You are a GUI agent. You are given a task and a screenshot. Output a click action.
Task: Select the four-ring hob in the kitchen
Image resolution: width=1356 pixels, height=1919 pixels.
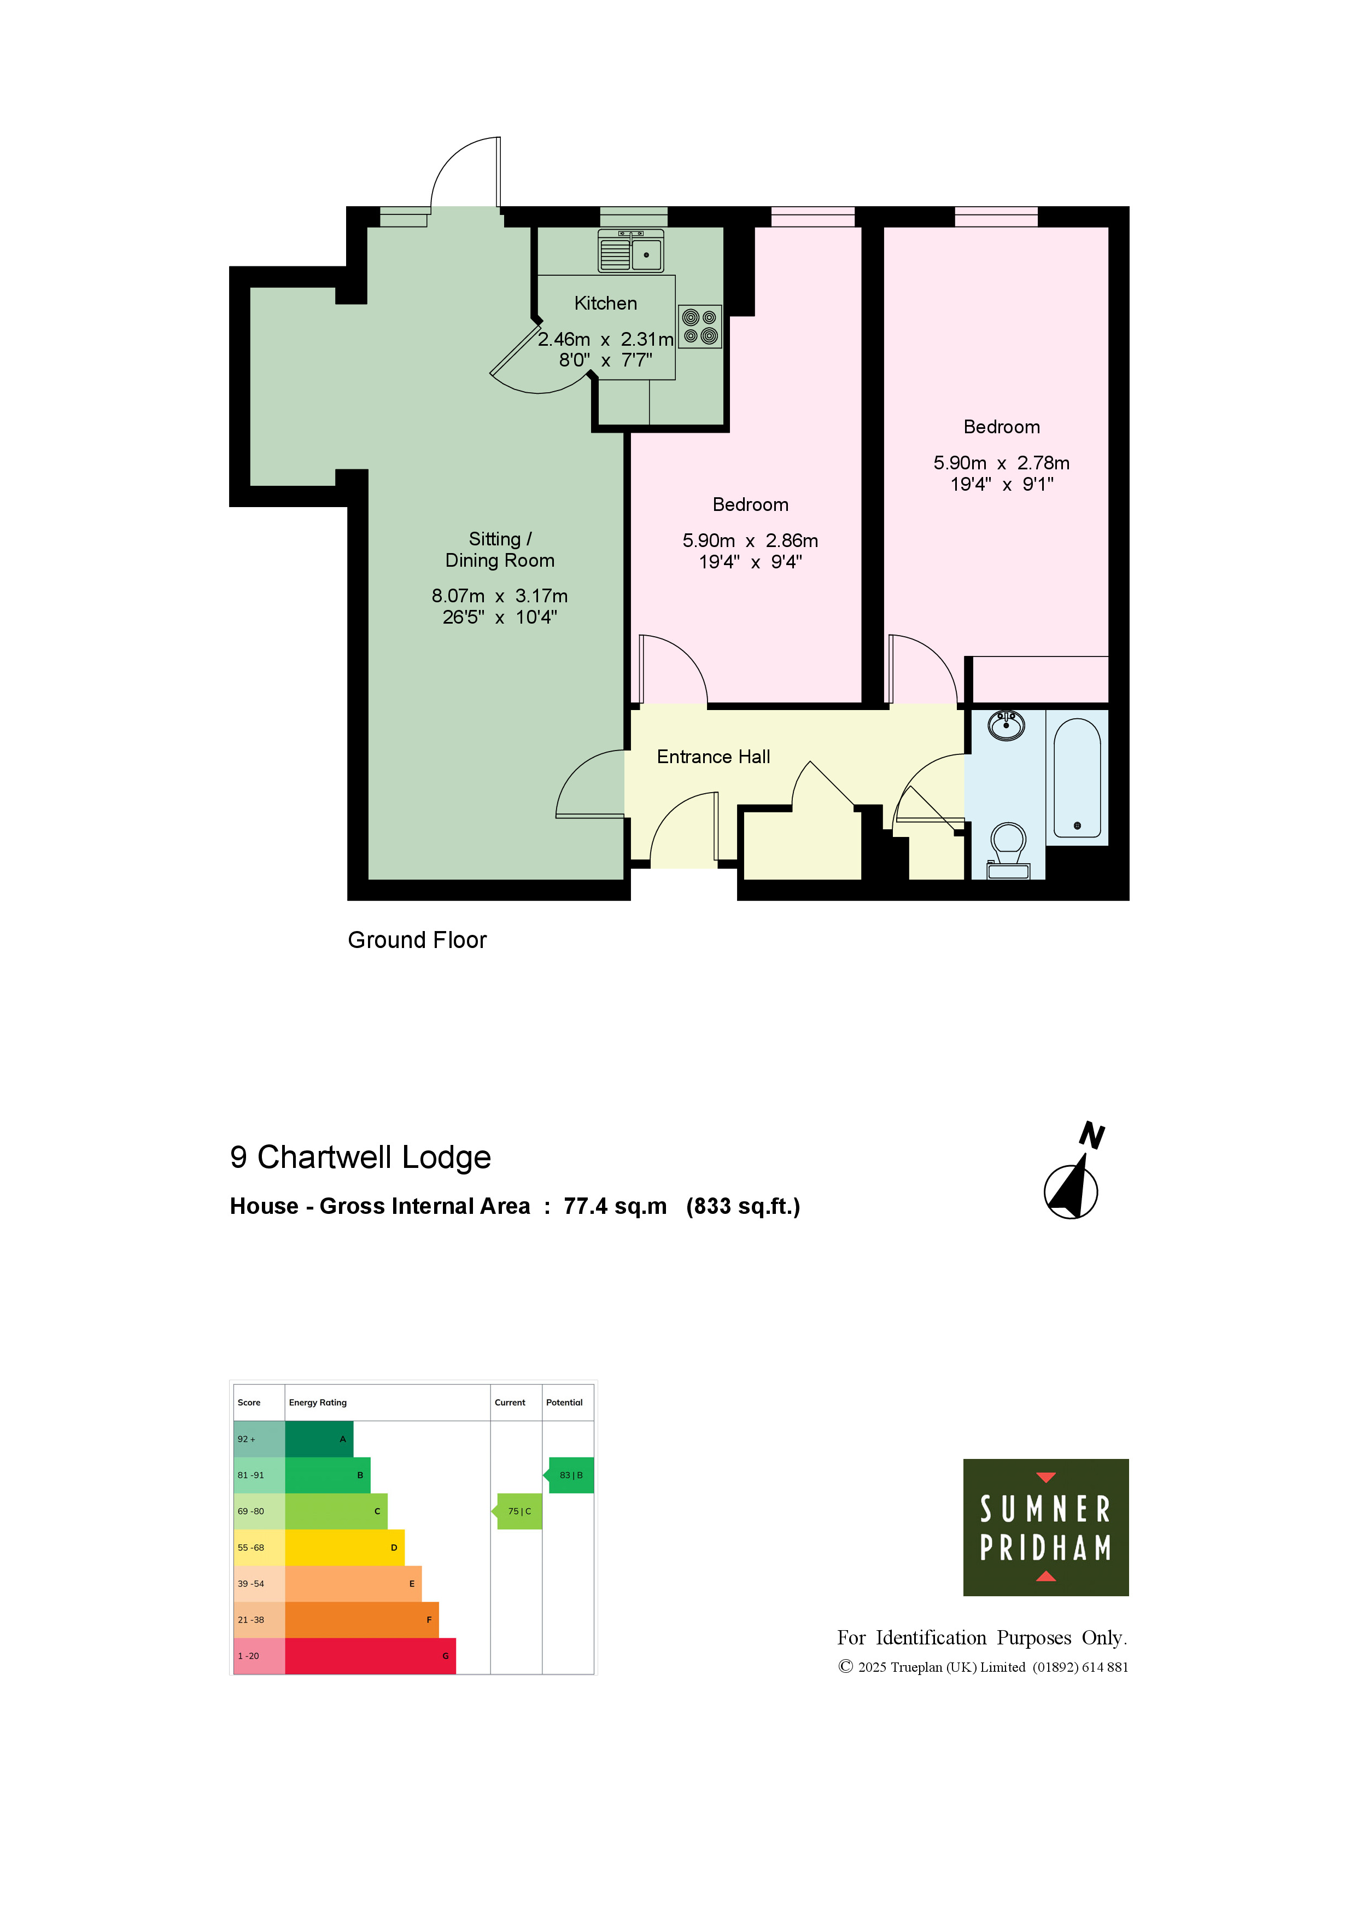(x=700, y=327)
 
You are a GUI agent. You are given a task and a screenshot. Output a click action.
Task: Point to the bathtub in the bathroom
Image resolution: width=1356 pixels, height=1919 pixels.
(x=1077, y=778)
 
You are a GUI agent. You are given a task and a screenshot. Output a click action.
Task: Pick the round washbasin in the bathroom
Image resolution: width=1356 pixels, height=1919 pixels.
(x=1006, y=725)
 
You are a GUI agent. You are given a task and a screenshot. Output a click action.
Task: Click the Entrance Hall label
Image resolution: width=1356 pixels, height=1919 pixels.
(x=714, y=757)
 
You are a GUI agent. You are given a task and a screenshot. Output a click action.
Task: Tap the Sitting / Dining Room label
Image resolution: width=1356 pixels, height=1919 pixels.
(x=500, y=550)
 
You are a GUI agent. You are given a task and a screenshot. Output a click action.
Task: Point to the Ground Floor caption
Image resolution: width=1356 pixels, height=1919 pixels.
(x=417, y=940)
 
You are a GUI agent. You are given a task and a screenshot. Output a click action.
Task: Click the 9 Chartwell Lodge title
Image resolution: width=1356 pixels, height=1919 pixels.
(x=360, y=1158)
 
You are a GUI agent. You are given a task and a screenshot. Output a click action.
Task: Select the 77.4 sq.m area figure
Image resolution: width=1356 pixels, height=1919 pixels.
(x=615, y=1207)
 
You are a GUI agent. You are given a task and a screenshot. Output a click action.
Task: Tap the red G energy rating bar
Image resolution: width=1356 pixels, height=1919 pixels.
(x=370, y=1656)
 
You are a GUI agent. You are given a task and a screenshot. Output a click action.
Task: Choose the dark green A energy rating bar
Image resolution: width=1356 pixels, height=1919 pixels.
(x=319, y=1439)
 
